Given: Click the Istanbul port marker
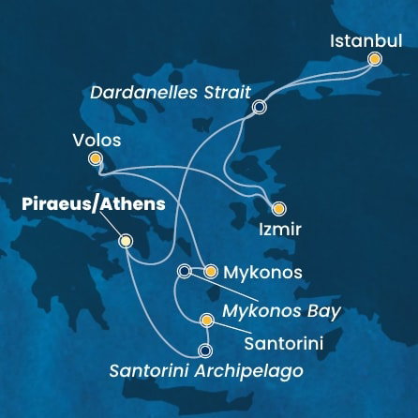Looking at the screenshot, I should pos(375,59).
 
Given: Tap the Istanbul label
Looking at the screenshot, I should pos(366,41).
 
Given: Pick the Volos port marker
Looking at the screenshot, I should pos(95,159).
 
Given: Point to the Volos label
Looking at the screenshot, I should pos(97,141).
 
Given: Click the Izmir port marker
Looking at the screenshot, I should pos(277,209).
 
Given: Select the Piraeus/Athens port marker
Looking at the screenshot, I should pos(126,242).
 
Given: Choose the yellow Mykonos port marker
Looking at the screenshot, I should pos(211,272).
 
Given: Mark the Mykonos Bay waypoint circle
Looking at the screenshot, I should pos(184,272).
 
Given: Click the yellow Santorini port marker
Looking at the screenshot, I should pos(206,321).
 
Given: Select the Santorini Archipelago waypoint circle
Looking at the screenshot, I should pos(205,351).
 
